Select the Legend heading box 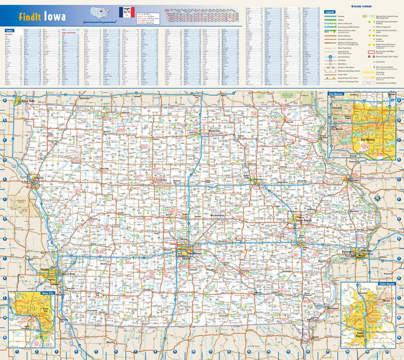pos(329,11)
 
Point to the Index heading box pos(9,30)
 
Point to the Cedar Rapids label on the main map pos(302,220)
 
